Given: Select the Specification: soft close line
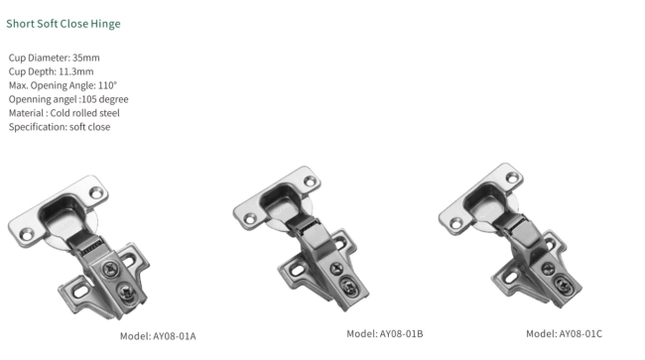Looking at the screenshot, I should tap(60, 127).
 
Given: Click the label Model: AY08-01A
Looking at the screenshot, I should tap(158, 336).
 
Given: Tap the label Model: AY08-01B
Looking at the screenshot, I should tap(384, 333).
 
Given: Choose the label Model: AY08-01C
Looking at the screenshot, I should tap(564, 333).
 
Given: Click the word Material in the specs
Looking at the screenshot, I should tap(27, 113).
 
